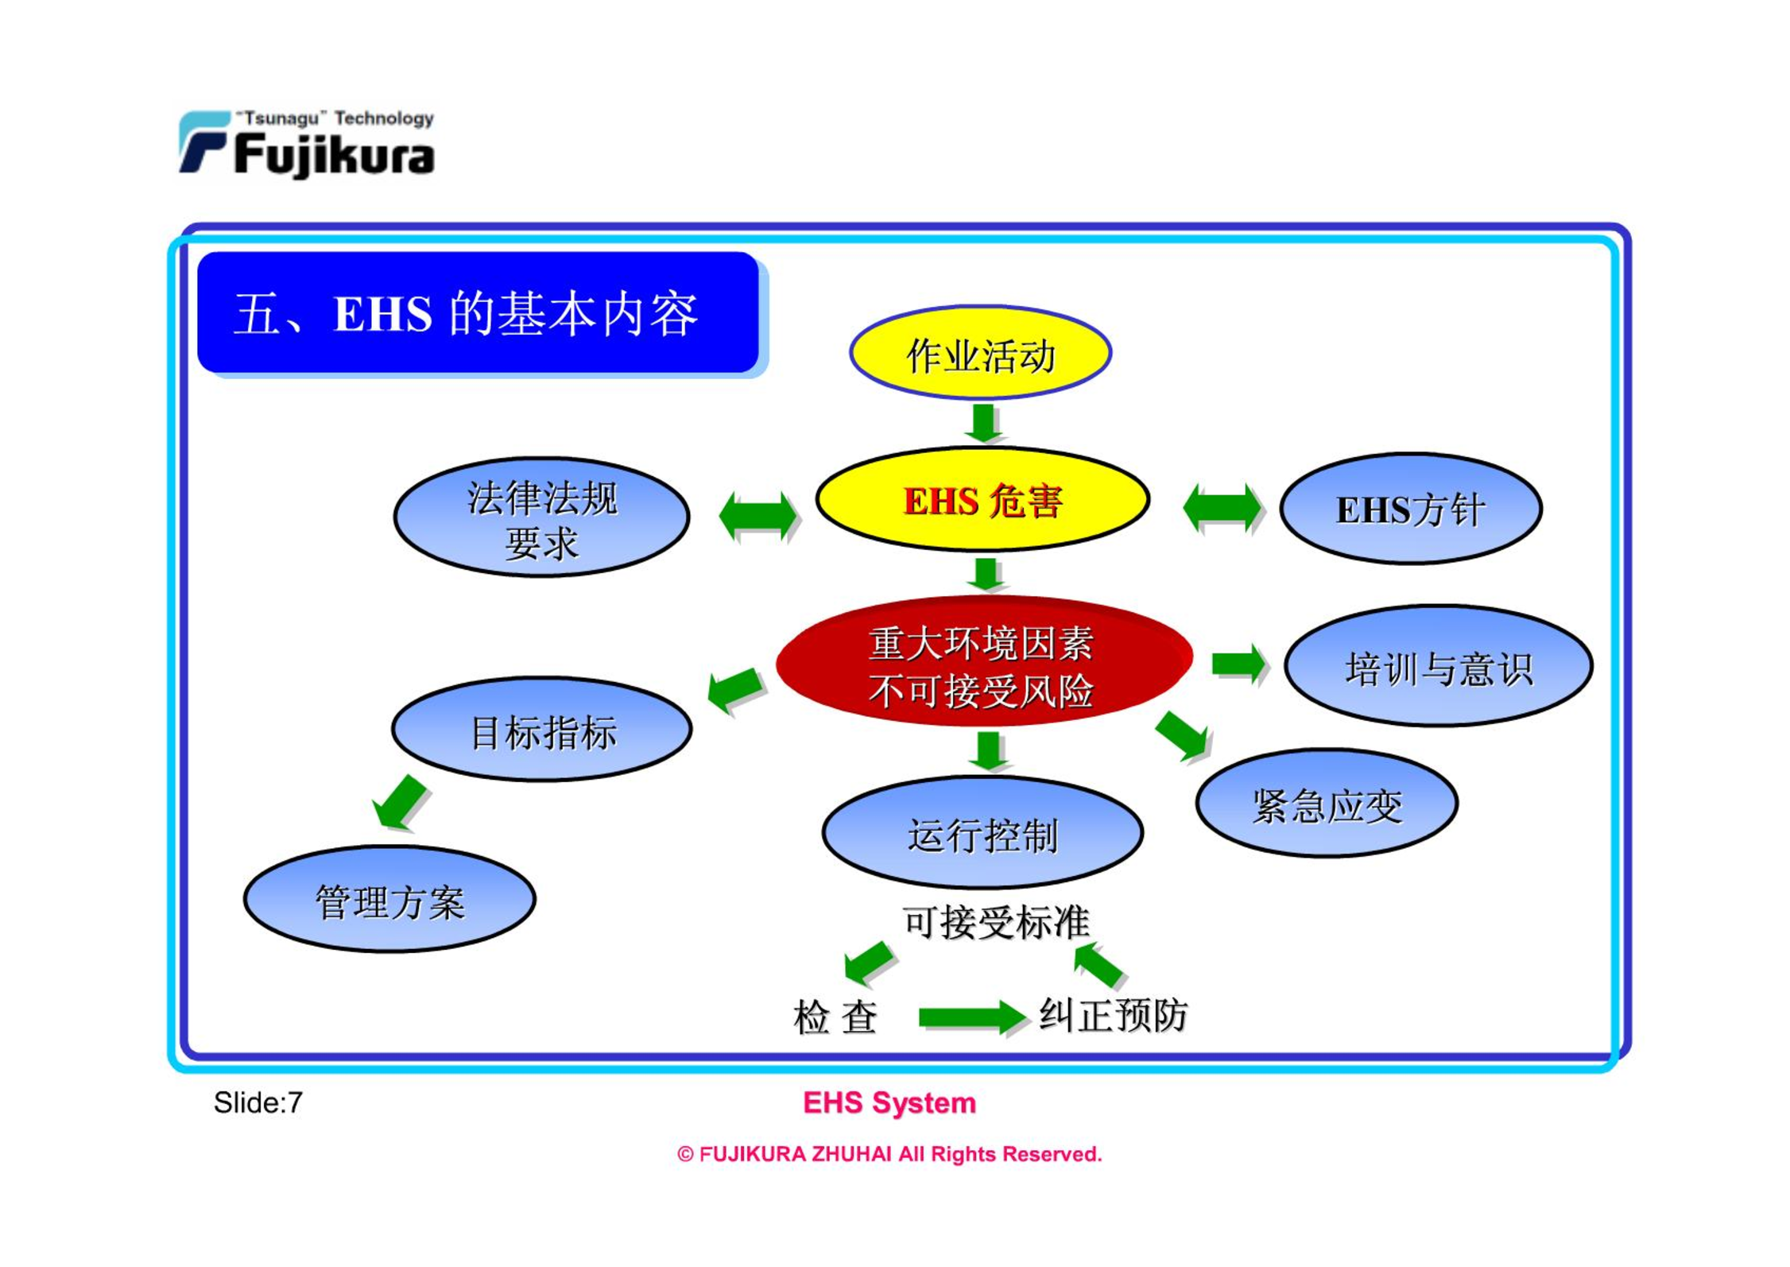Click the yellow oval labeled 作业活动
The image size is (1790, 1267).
980,352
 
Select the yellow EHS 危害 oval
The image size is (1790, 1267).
982,499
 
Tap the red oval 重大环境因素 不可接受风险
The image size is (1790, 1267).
984,661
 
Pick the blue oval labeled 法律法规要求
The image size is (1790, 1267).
541,517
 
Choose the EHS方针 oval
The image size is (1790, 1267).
1411,509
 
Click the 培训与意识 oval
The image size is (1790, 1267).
1439,666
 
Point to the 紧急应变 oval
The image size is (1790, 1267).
1327,803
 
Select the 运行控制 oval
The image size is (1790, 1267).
982,832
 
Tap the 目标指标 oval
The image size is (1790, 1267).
542,730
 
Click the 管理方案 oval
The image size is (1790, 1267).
389,899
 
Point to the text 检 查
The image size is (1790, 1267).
835,1017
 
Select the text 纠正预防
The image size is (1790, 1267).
1114,1015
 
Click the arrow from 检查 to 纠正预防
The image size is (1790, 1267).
971,1017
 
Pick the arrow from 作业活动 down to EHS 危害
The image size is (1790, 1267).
983,423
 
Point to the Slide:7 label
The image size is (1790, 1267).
258,1102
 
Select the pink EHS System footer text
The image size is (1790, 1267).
889,1102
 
